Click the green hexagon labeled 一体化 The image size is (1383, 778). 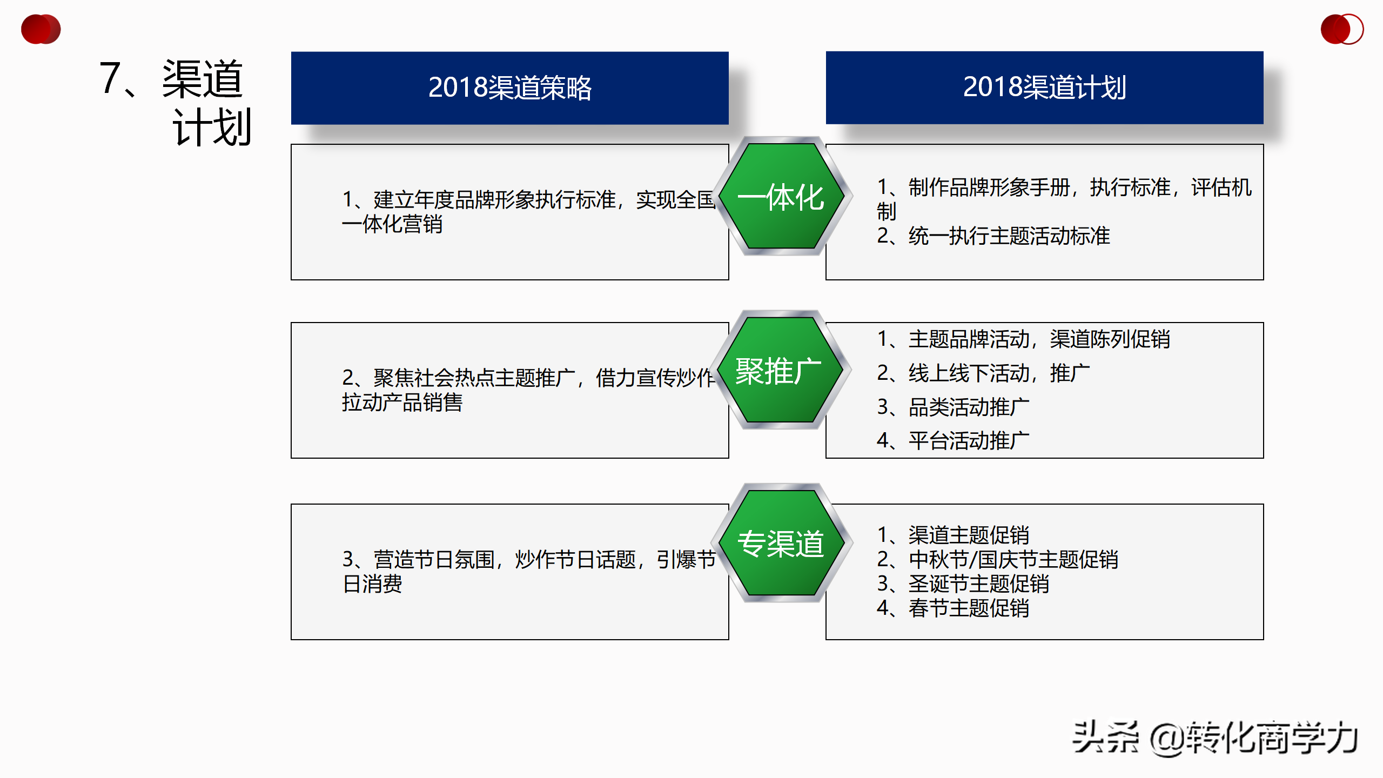(x=781, y=196)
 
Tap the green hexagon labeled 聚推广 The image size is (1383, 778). (x=780, y=370)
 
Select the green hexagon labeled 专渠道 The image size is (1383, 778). (x=781, y=543)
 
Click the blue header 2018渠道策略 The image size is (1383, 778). (x=509, y=88)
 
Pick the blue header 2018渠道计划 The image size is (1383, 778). (x=1044, y=88)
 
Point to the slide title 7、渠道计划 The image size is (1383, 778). (x=176, y=103)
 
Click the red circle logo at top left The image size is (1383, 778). (x=41, y=29)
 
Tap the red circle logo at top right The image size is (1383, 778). (x=1342, y=29)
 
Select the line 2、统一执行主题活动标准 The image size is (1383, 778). (x=993, y=236)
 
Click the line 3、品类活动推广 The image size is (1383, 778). (x=953, y=407)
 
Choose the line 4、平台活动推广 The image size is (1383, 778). (x=953, y=441)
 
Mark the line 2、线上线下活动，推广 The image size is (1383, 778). (x=983, y=373)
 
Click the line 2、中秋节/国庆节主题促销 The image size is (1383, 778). (x=997, y=560)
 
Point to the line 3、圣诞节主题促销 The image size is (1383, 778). (x=963, y=584)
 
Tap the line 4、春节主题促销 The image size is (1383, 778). (x=953, y=608)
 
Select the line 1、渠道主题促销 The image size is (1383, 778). (x=953, y=535)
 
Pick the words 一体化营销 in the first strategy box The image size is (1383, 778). (x=393, y=224)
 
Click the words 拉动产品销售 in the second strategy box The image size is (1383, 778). (x=402, y=403)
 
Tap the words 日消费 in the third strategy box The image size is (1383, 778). (x=373, y=584)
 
